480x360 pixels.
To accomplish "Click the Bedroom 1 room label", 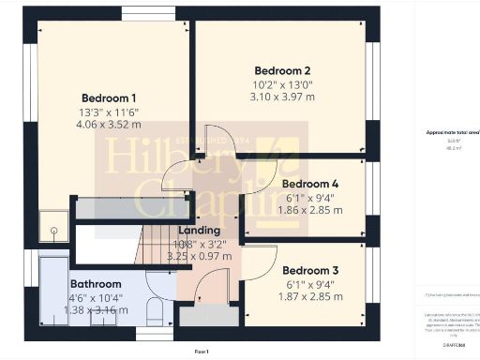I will [109, 98].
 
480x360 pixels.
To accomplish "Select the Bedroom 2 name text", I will [282, 70].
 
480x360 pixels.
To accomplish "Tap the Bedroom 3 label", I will [309, 271].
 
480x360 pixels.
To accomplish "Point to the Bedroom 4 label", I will [309, 184].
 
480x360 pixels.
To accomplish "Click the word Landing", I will [198, 230].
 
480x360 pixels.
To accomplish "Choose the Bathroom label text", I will [96, 283].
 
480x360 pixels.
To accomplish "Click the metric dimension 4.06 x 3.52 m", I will [109, 125].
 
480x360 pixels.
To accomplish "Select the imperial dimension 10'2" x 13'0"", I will [282, 83].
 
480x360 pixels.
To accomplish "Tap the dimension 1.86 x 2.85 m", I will [309, 211].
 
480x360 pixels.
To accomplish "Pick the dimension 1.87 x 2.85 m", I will [309, 297].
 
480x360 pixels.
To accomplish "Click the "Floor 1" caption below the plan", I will [201, 350].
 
